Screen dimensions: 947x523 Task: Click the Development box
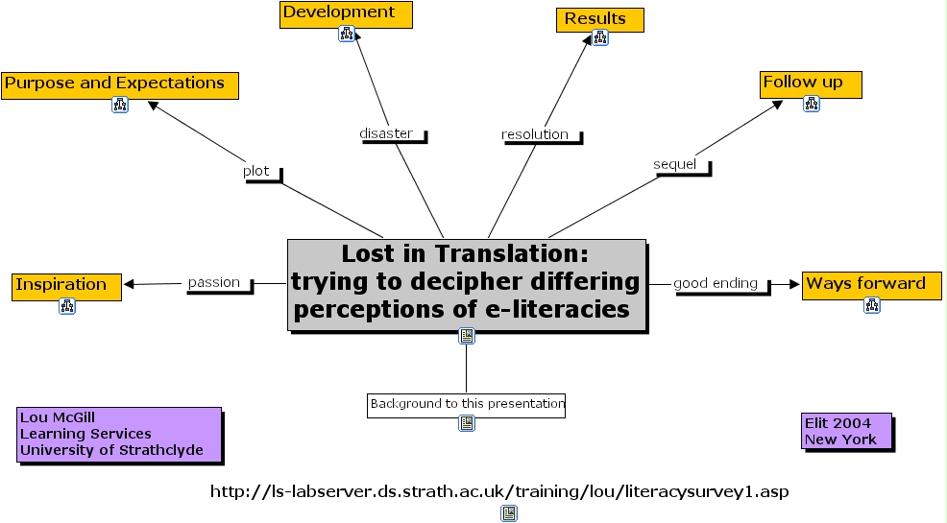[346, 13]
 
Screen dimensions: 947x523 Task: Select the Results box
[599, 19]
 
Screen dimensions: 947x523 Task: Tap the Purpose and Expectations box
[119, 84]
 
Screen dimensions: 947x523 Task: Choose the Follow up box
[811, 83]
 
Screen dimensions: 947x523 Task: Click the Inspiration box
[66, 286]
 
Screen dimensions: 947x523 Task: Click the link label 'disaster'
[386, 133]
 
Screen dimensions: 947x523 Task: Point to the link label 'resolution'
[536, 134]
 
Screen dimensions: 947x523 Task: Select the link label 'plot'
[256, 171]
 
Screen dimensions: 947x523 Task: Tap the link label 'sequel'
[674, 164]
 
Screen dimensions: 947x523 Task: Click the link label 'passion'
[213, 282]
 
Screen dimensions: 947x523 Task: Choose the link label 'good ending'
[716, 283]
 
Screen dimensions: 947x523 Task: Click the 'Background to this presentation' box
[467, 404]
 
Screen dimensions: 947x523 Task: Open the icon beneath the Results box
[600, 38]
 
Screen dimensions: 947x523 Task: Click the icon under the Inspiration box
[67, 307]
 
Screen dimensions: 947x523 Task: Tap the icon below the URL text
[509, 513]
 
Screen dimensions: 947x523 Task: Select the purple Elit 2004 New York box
[845, 431]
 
